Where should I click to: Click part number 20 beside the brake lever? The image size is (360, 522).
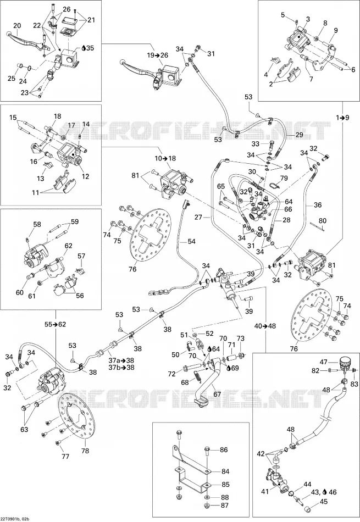17,26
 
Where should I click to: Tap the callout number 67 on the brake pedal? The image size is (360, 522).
217,394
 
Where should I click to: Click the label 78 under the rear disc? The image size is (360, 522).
85,451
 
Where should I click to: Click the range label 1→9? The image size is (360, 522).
343,117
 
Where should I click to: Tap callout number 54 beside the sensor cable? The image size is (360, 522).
191,241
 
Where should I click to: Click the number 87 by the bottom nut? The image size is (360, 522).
225,506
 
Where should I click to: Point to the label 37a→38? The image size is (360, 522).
116,360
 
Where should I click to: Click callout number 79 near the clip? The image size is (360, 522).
284,179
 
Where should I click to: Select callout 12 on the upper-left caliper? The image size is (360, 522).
85,176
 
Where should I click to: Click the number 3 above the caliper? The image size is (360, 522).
308,19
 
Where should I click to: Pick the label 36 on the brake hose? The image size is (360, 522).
318,205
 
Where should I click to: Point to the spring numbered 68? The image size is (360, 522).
197,376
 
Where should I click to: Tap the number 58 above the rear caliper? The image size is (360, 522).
37,224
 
